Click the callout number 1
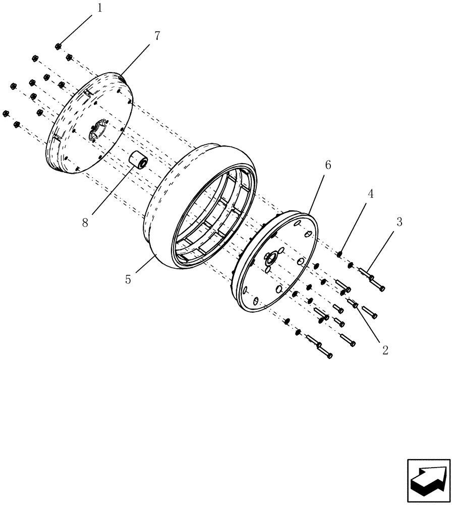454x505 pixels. tap(99, 8)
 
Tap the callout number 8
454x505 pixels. tap(85, 223)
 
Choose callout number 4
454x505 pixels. tap(370, 194)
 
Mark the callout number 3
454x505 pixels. tap(399, 222)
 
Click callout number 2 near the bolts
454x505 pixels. tap(385, 350)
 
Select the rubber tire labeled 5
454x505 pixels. tap(161, 202)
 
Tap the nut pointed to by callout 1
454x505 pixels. tap(59, 46)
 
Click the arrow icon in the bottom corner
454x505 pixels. tap(428, 480)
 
